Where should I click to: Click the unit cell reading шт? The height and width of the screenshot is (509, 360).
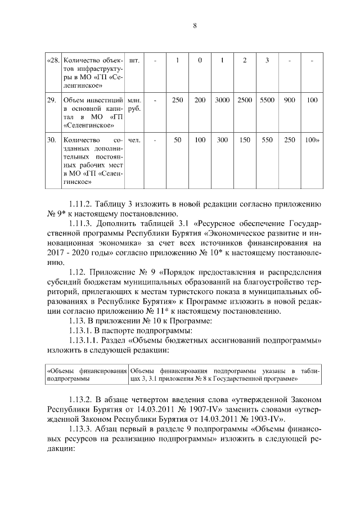[x=134, y=60]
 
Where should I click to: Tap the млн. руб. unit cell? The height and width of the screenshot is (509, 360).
[x=134, y=105]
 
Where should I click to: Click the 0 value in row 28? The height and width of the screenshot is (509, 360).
[x=200, y=60]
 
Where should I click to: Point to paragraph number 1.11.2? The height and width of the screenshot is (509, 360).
[x=80, y=203]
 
